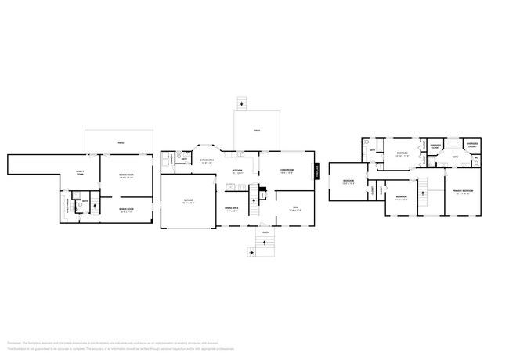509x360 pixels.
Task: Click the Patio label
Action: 121,143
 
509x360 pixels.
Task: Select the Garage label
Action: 188,201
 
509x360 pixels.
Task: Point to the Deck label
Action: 257,130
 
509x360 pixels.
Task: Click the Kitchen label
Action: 237,171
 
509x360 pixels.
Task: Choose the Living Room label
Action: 287,171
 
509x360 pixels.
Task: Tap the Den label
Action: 295,208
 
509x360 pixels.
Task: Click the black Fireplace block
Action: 318,172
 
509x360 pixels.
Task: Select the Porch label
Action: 266,232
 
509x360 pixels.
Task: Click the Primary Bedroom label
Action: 461,191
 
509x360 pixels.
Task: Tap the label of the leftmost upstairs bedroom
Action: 348,182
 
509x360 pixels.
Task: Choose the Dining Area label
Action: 232,210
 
